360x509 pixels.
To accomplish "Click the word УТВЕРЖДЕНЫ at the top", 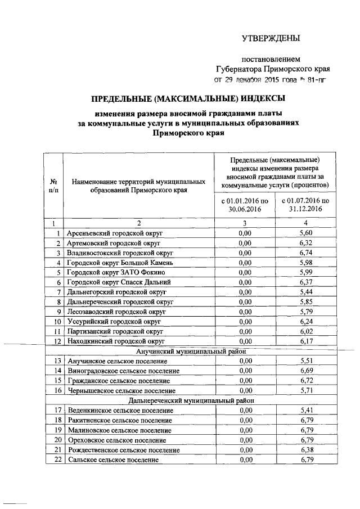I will click(x=271, y=38).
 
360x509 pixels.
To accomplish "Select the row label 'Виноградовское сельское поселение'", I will click(x=123, y=371).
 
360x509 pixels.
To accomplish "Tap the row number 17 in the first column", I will click(x=57, y=411).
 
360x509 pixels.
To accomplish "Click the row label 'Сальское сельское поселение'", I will click(x=112, y=460).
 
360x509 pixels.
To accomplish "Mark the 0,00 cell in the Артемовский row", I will click(x=244, y=242).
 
